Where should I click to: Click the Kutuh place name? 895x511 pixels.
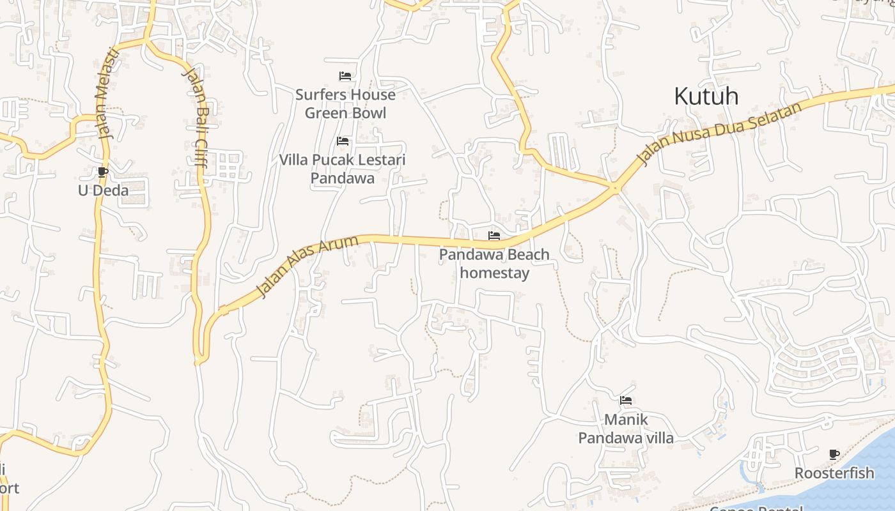pos(706,96)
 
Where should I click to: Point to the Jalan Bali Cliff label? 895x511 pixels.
pos(194,118)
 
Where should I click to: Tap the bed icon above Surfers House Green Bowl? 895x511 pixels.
pos(345,77)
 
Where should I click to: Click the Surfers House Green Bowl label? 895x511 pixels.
pos(345,104)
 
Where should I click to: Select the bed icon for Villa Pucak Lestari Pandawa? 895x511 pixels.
pos(343,141)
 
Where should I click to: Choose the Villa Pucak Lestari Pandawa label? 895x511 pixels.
pos(342,169)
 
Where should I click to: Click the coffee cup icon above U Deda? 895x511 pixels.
pos(103,172)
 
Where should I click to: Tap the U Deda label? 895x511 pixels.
pos(103,190)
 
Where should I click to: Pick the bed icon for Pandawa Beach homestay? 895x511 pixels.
pos(494,236)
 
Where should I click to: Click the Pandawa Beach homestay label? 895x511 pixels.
pos(494,264)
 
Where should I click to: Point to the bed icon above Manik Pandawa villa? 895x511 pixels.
pos(626,401)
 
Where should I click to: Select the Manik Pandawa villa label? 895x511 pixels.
pos(626,429)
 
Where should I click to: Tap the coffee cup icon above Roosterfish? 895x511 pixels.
pos(834,455)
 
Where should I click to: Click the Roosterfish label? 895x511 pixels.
pos(834,473)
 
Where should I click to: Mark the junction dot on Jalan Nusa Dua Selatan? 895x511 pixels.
pos(615,188)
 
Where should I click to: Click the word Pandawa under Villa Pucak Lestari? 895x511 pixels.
pos(342,178)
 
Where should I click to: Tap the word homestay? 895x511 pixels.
pos(495,273)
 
